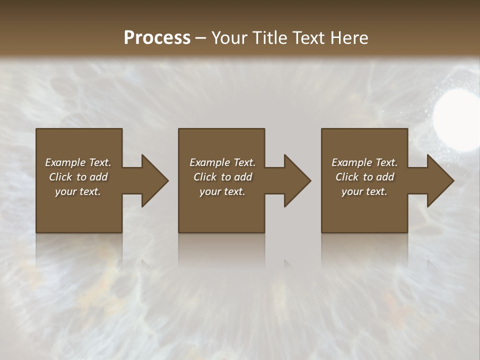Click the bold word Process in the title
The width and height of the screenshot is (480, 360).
(x=157, y=38)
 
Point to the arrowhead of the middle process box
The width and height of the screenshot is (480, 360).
(x=297, y=180)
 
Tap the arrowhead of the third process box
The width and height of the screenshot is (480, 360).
(x=440, y=180)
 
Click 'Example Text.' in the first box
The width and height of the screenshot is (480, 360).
(x=78, y=162)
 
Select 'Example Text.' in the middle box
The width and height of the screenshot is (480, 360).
(x=222, y=162)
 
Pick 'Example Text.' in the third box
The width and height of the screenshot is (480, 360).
(x=364, y=162)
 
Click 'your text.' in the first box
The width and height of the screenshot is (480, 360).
(x=78, y=191)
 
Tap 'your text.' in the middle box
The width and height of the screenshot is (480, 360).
(x=222, y=191)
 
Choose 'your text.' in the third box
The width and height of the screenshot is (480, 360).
(x=364, y=191)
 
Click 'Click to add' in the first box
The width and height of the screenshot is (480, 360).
(x=78, y=177)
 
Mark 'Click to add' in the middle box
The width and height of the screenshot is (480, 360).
(x=222, y=177)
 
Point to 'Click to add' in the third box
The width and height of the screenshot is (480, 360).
(x=364, y=177)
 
